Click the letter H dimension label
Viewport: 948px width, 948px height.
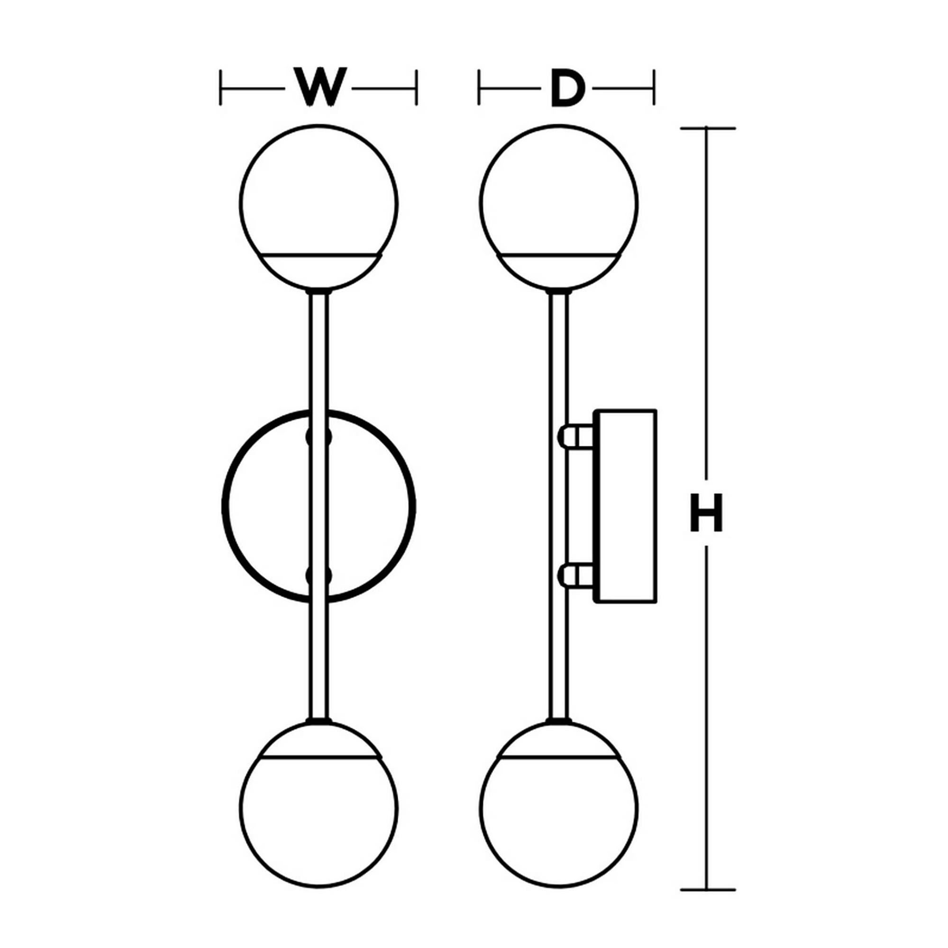[706, 513]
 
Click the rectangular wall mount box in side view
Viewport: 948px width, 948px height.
[626, 505]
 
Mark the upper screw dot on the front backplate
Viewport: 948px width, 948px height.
[319, 436]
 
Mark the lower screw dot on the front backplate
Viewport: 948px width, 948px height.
[319, 575]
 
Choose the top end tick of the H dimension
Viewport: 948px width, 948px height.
[707, 128]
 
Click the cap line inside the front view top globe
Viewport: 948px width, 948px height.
[319, 255]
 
